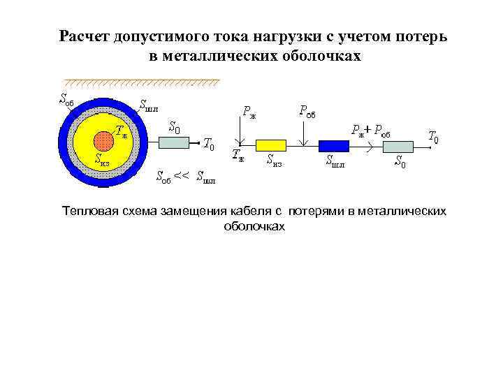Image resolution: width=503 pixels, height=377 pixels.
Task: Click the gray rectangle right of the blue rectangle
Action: click(398, 145)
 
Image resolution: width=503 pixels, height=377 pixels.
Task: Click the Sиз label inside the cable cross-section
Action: click(102, 159)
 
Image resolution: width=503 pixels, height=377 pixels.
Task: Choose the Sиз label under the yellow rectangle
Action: click(274, 161)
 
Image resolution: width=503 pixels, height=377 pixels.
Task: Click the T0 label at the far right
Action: click(433, 138)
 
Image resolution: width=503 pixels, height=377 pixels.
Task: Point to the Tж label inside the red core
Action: click(121, 129)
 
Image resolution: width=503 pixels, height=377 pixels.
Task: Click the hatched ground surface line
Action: click(140, 82)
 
